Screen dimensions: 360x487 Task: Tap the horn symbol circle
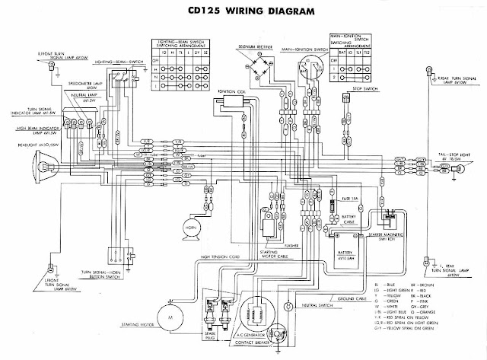point(188,228)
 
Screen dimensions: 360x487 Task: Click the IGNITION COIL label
point(231,91)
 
